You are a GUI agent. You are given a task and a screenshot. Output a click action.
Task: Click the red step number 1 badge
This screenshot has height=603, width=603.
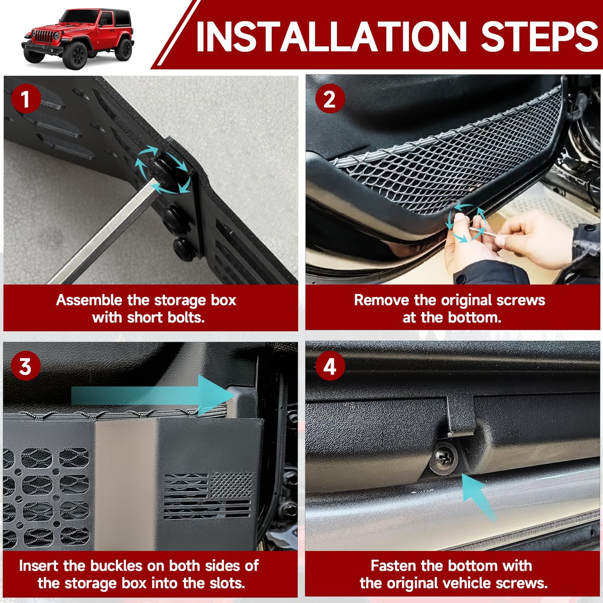point(25,99)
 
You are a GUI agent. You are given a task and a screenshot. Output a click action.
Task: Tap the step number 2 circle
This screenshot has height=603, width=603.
point(330,99)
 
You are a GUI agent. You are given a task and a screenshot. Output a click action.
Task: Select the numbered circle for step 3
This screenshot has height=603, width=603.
point(25,366)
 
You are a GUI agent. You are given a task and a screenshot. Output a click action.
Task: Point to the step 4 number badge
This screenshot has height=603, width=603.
point(330,366)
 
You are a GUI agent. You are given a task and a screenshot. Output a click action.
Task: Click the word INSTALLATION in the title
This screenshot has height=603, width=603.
point(332,37)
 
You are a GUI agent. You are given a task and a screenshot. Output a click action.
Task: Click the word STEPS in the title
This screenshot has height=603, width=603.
point(539,37)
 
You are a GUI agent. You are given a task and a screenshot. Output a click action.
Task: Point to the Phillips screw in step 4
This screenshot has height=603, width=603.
point(444,458)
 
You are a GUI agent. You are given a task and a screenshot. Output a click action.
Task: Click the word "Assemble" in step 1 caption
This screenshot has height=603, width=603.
point(89,300)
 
